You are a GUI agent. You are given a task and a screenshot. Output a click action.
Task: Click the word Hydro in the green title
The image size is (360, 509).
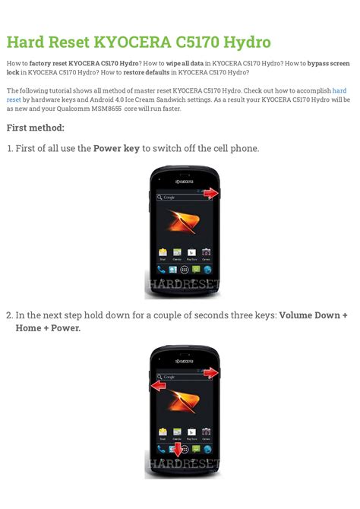247,43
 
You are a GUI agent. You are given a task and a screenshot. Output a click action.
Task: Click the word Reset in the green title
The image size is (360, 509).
69,43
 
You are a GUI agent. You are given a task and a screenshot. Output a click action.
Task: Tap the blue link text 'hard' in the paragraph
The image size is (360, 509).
339,90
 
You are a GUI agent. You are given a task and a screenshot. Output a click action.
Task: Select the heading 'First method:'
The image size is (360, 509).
36,128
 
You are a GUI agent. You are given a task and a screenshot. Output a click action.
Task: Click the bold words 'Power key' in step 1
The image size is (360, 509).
116,148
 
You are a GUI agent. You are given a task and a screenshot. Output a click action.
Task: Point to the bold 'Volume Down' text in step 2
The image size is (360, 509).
309,315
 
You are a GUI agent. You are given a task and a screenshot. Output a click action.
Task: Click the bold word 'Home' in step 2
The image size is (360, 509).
28,328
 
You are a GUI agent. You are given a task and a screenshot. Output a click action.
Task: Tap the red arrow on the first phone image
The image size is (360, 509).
211,193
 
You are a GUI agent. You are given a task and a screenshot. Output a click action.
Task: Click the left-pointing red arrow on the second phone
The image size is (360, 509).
159,386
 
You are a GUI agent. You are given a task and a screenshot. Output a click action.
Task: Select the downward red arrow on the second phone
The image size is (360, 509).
177,450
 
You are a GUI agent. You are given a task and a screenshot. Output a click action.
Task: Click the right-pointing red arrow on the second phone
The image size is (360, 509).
211,373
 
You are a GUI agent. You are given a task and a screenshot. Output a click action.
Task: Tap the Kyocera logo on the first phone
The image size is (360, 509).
184,182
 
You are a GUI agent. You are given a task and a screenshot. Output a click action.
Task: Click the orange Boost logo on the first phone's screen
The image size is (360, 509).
184,222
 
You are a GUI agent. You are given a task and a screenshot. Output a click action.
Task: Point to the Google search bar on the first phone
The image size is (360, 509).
184,197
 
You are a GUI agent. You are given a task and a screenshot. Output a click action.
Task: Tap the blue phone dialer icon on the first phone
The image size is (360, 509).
161,270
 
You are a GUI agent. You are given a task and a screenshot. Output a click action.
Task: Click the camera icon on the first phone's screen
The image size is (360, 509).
206,252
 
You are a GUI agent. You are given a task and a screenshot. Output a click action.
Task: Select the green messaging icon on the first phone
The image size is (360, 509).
196,270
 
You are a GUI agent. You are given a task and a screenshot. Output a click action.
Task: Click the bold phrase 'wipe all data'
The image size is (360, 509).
185,63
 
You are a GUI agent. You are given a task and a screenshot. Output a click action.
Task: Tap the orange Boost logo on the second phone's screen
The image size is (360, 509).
184,401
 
